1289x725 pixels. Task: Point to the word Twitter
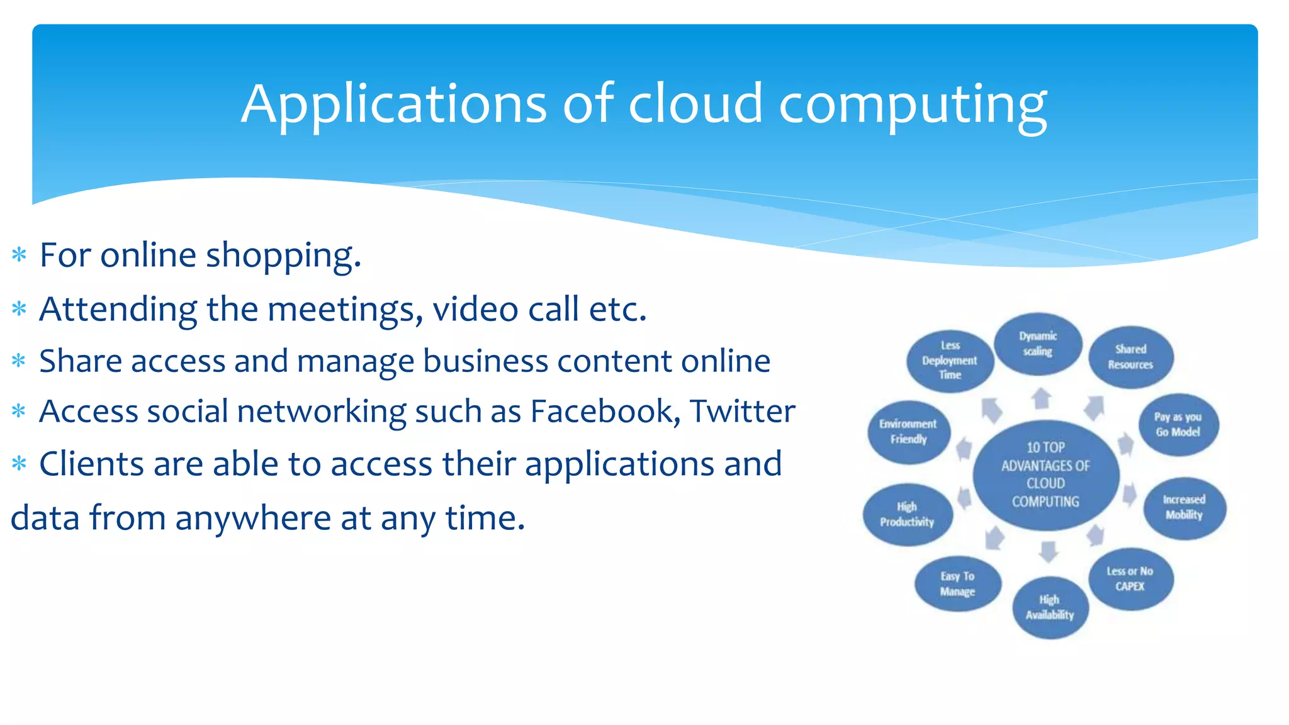(x=743, y=412)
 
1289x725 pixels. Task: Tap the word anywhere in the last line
(x=254, y=518)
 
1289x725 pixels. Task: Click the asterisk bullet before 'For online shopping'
(x=19, y=255)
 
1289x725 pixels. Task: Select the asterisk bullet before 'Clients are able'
(x=19, y=464)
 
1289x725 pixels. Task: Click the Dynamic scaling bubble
(x=1038, y=344)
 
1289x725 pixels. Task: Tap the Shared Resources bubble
(x=1130, y=357)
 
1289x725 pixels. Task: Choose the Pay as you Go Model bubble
(x=1178, y=425)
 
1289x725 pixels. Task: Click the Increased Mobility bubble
(x=1184, y=507)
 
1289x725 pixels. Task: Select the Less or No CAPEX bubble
(x=1130, y=578)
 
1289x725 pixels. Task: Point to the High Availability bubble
(x=1049, y=607)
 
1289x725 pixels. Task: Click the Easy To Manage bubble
(x=957, y=583)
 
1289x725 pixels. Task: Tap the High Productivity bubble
(x=907, y=514)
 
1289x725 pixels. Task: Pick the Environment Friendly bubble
(x=908, y=432)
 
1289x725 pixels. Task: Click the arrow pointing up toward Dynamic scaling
(x=1042, y=398)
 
